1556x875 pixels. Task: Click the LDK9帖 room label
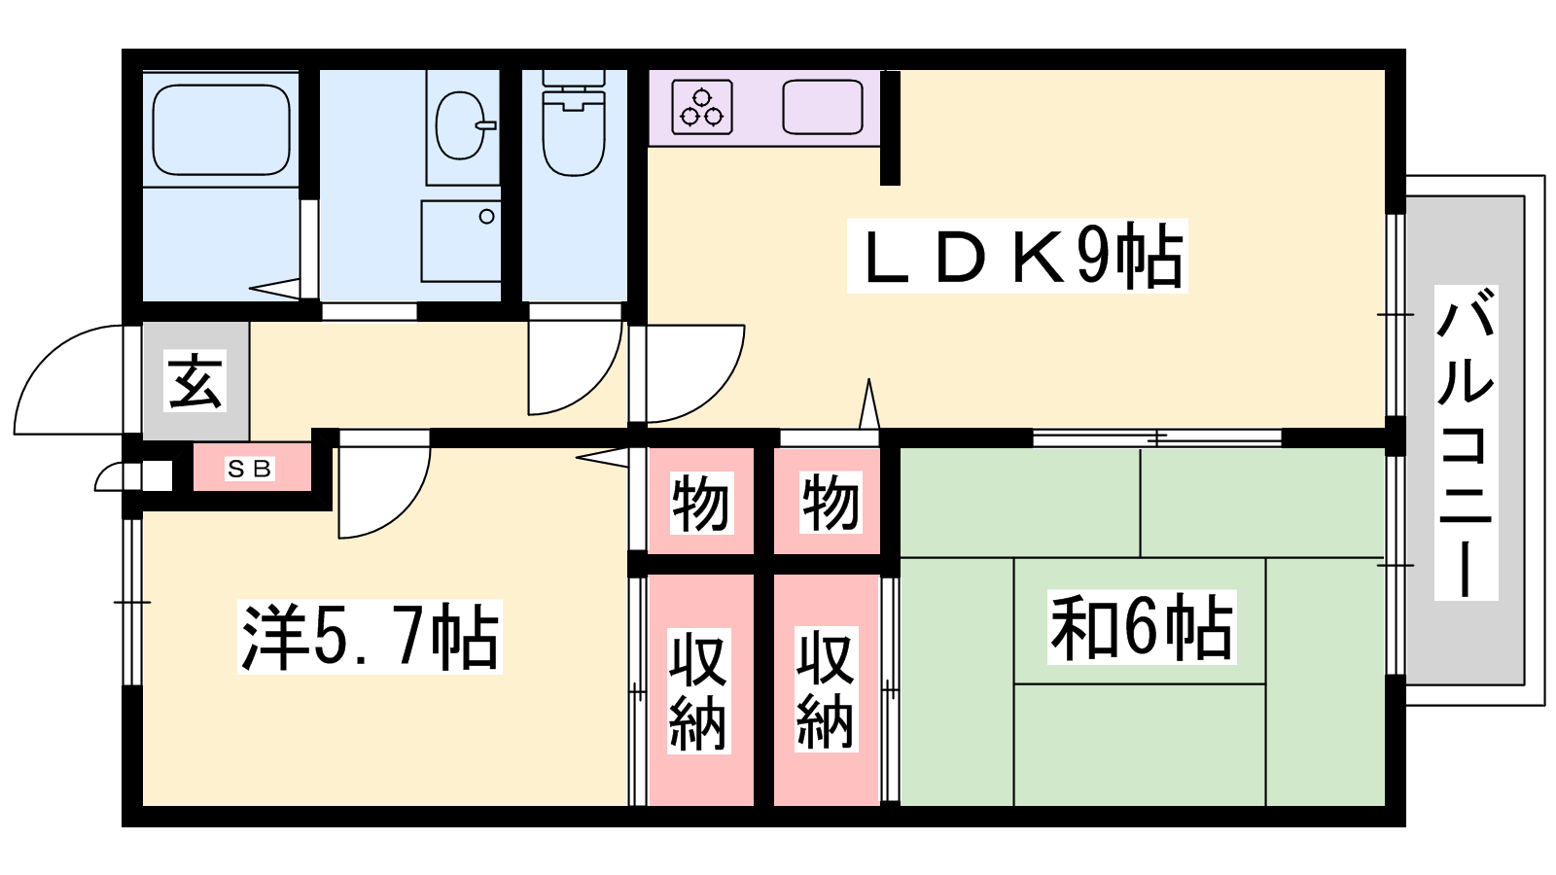(x=1017, y=256)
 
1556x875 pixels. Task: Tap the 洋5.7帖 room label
(x=370, y=637)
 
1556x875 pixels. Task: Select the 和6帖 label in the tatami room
(x=1142, y=626)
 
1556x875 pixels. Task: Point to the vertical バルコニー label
(x=1466, y=442)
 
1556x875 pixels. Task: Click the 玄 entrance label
(x=195, y=380)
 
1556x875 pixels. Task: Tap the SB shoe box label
(x=250, y=469)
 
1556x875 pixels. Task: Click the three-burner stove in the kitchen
(x=701, y=108)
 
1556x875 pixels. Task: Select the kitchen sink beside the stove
(x=823, y=107)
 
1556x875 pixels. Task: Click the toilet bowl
(x=574, y=123)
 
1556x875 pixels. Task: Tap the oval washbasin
(x=461, y=125)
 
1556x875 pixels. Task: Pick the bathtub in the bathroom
(x=221, y=130)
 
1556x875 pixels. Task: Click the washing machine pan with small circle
(x=461, y=241)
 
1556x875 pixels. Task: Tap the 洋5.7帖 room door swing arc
(x=408, y=514)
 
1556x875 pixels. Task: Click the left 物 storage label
(x=701, y=503)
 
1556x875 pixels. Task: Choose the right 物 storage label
(x=831, y=503)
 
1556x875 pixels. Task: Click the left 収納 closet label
(x=699, y=690)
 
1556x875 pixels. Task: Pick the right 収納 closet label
(x=827, y=689)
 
